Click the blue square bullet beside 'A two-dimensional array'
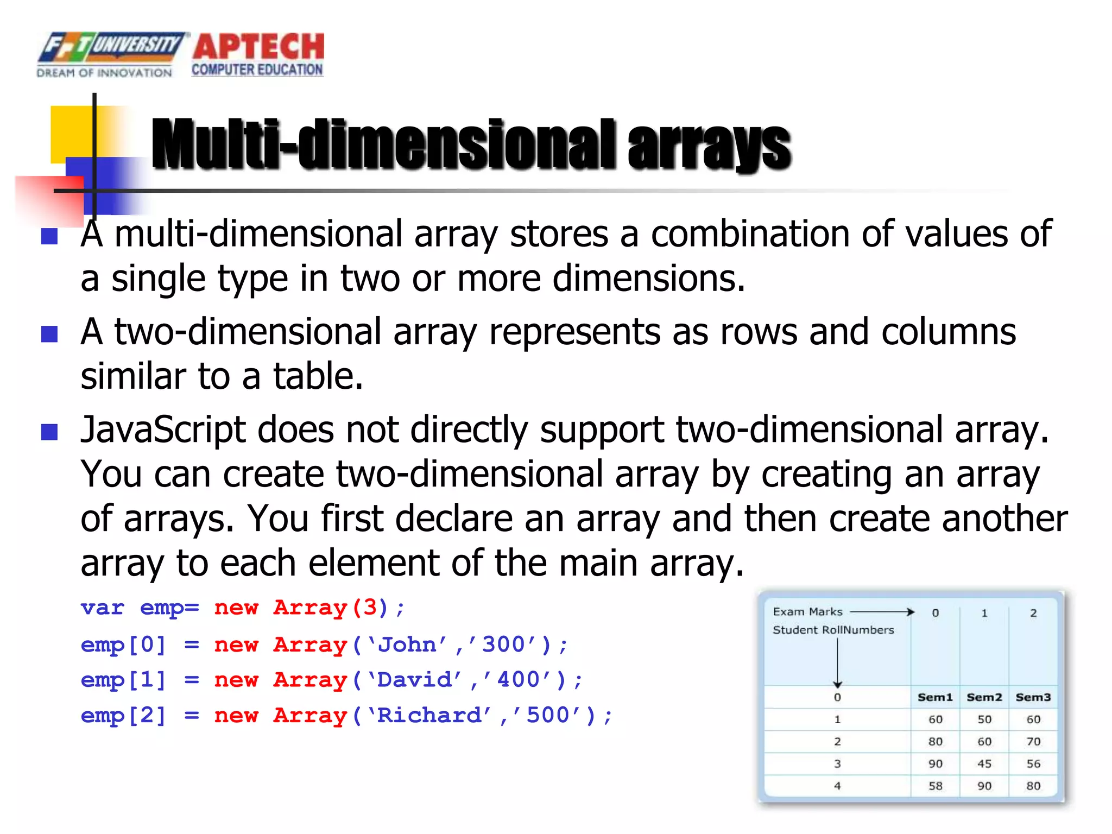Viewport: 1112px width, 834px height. (x=49, y=333)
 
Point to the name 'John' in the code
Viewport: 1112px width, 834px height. (x=407, y=645)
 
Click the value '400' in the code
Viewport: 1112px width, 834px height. (x=519, y=680)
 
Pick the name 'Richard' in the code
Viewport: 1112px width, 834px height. (x=428, y=716)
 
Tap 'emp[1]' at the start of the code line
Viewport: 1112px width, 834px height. (x=123, y=680)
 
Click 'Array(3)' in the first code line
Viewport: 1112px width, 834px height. (x=330, y=608)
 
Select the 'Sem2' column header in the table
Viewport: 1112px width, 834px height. (x=984, y=697)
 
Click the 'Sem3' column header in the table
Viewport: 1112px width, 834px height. (x=1033, y=697)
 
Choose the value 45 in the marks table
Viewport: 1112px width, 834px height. (x=984, y=764)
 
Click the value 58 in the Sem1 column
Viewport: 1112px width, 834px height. (x=935, y=786)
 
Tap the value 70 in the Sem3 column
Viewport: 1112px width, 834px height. (x=1033, y=742)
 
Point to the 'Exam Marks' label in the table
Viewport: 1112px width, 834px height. (x=807, y=612)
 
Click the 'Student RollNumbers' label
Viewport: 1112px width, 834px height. (x=833, y=630)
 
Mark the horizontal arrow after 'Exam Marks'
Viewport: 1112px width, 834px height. (x=882, y=612)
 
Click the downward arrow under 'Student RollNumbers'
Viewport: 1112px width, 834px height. (x=837, y=662)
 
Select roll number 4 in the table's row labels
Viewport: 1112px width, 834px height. (x=837, y=786)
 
